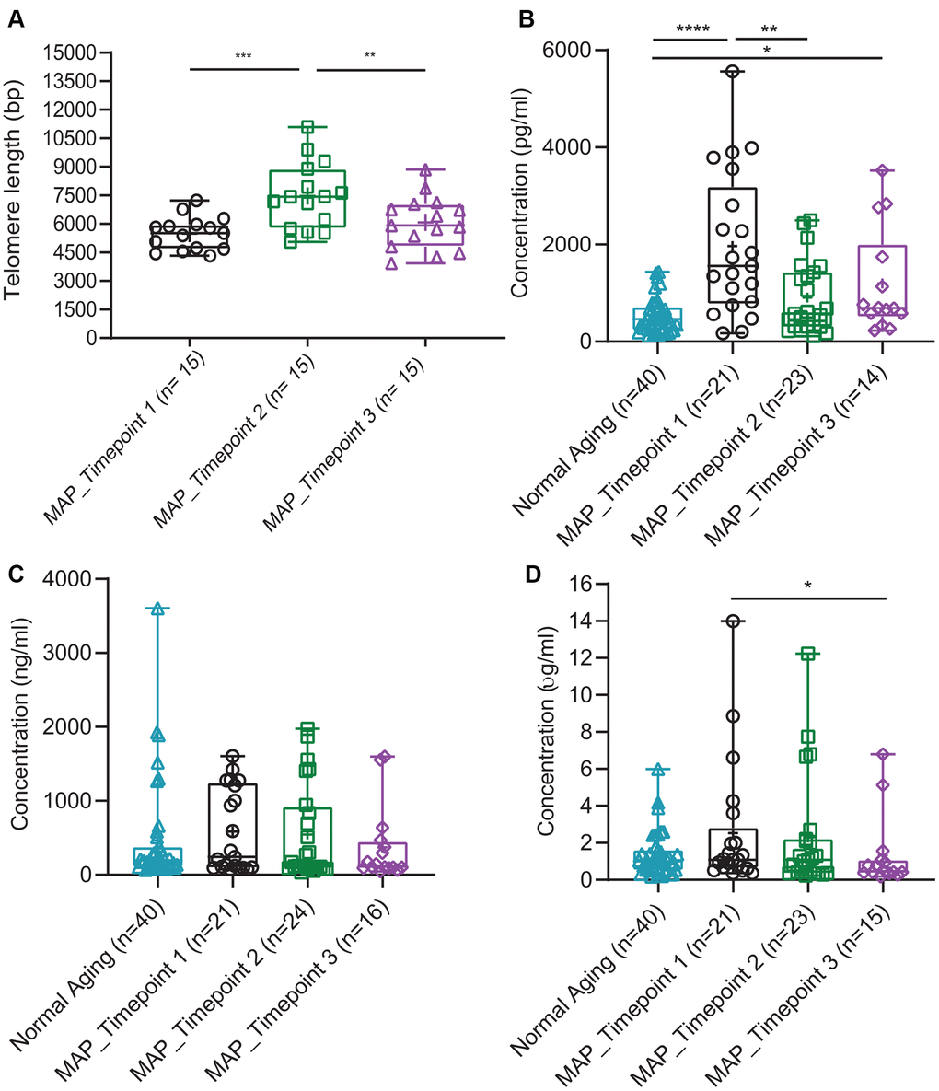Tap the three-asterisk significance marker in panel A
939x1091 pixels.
coord(243,57)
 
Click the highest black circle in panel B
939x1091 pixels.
coord(733,72)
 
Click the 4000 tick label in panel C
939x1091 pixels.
coord(73,579)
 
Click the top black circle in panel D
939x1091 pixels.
coord(733,621)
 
